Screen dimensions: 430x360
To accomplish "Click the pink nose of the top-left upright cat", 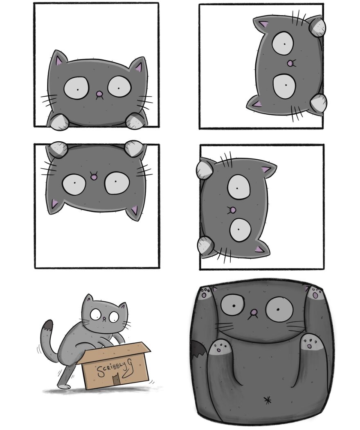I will [x=99, y=95].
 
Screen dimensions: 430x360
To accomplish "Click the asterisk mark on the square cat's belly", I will [x=268, y=400].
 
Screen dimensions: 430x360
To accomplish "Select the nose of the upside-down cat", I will [x=94, y=177].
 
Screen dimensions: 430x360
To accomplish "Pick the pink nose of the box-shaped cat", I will [x=254, y=314].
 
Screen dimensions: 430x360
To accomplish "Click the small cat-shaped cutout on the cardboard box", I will [x=117, y=380].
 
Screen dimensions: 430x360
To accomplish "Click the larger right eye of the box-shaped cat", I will [x=278, y=308].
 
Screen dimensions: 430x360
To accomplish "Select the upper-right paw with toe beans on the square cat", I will [x=315, y=293].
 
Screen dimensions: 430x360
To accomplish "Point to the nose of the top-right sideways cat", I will [x=290, y=63].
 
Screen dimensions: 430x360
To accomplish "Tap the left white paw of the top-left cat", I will [x=59, y=122].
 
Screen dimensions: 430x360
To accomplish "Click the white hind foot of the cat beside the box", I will [x=64, y=386].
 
